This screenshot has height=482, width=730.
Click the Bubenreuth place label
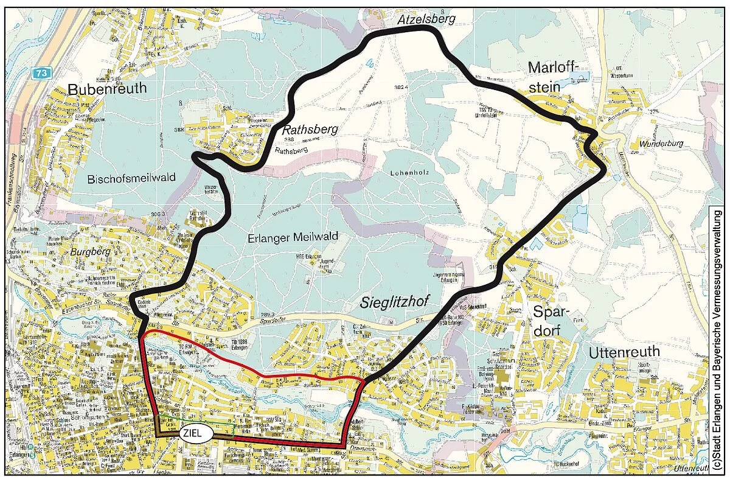tap(108, 89)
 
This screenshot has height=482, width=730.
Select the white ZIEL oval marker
tap(196, 433)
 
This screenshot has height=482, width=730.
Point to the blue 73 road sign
tap(39, 73)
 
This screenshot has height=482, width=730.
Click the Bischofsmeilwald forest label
tap(131, 179)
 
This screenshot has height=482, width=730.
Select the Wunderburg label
tap(661, 144)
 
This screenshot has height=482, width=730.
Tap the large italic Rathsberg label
tap(308, 130)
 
